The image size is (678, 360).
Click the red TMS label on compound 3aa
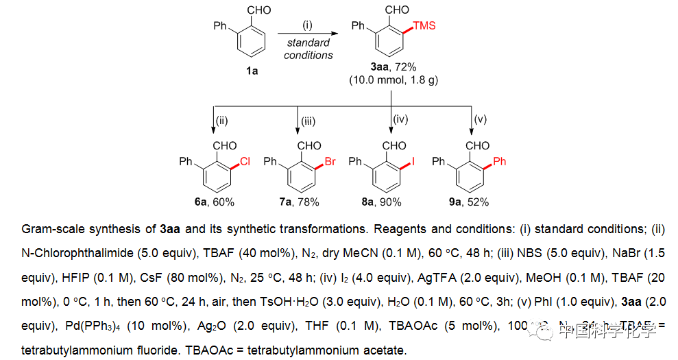click(424, 26)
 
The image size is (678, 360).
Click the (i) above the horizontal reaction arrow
click(308, 25)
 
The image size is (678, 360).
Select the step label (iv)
click(400, 119)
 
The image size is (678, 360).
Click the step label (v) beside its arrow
click(481, 119)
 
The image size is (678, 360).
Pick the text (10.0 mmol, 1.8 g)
click(393, 80)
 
